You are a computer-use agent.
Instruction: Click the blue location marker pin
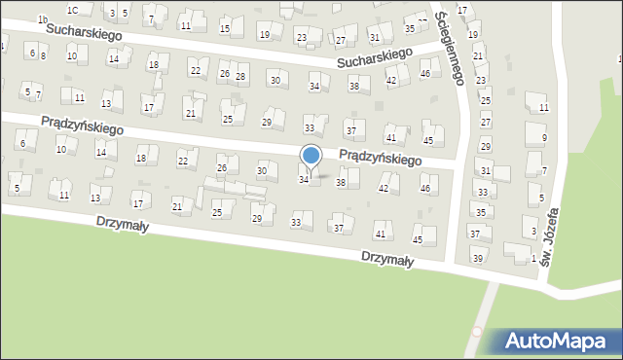point(311,156)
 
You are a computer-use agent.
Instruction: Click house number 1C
point(73,9)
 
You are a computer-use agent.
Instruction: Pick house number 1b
point(42,19)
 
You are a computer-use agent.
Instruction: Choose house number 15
point(225,29)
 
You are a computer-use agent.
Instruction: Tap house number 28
point(240,76)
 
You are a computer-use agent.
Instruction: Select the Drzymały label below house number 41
point(386,260)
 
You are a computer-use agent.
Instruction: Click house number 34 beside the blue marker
point(304,179)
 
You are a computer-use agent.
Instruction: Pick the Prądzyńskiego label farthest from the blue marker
point(81,125)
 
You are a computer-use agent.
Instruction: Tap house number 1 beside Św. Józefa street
point(533,257)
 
